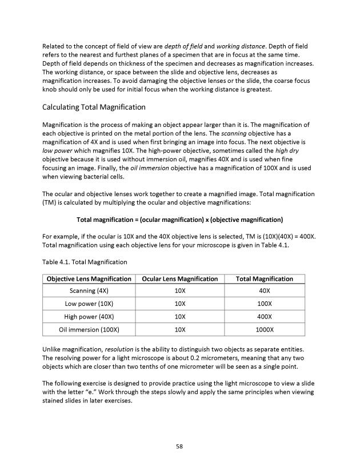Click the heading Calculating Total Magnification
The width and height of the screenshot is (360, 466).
(x=94, y=107)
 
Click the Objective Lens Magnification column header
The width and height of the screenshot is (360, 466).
(x=89, y=279)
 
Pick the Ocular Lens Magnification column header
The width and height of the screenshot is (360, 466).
(x=179, y=279)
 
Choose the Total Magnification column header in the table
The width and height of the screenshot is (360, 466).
(x=265, y=279)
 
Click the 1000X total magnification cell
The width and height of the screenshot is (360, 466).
(x=265, y=329)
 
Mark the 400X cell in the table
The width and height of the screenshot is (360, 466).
(x=265, y=316)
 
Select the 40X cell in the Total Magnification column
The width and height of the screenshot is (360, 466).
(x=265, y=290)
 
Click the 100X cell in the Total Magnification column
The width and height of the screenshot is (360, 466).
(x=265, y=303)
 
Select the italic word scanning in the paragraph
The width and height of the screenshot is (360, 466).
(x=229, y=133)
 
